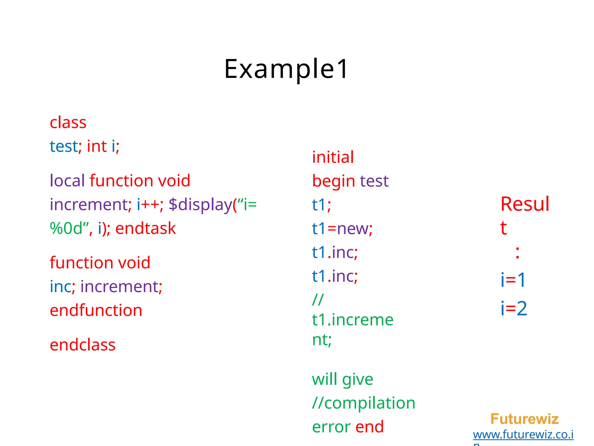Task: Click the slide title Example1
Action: tap(286, 69)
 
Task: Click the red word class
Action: tap(68, 123)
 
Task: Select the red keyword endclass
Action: tap(83, 345)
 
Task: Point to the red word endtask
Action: tap(146, 229)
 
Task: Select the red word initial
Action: tap(333, 157)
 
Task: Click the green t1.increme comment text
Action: tap(353, 320)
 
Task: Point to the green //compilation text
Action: tap(364, 403)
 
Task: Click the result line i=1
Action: tap(513, 280)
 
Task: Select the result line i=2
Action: tap(514, 308)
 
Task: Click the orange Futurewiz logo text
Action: tap(524, 419)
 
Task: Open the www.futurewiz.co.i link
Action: tap(523, 435)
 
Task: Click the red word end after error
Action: tap(370, 427)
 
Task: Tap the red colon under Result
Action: tap(517, 252)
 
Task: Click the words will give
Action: tap(343, 380)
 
